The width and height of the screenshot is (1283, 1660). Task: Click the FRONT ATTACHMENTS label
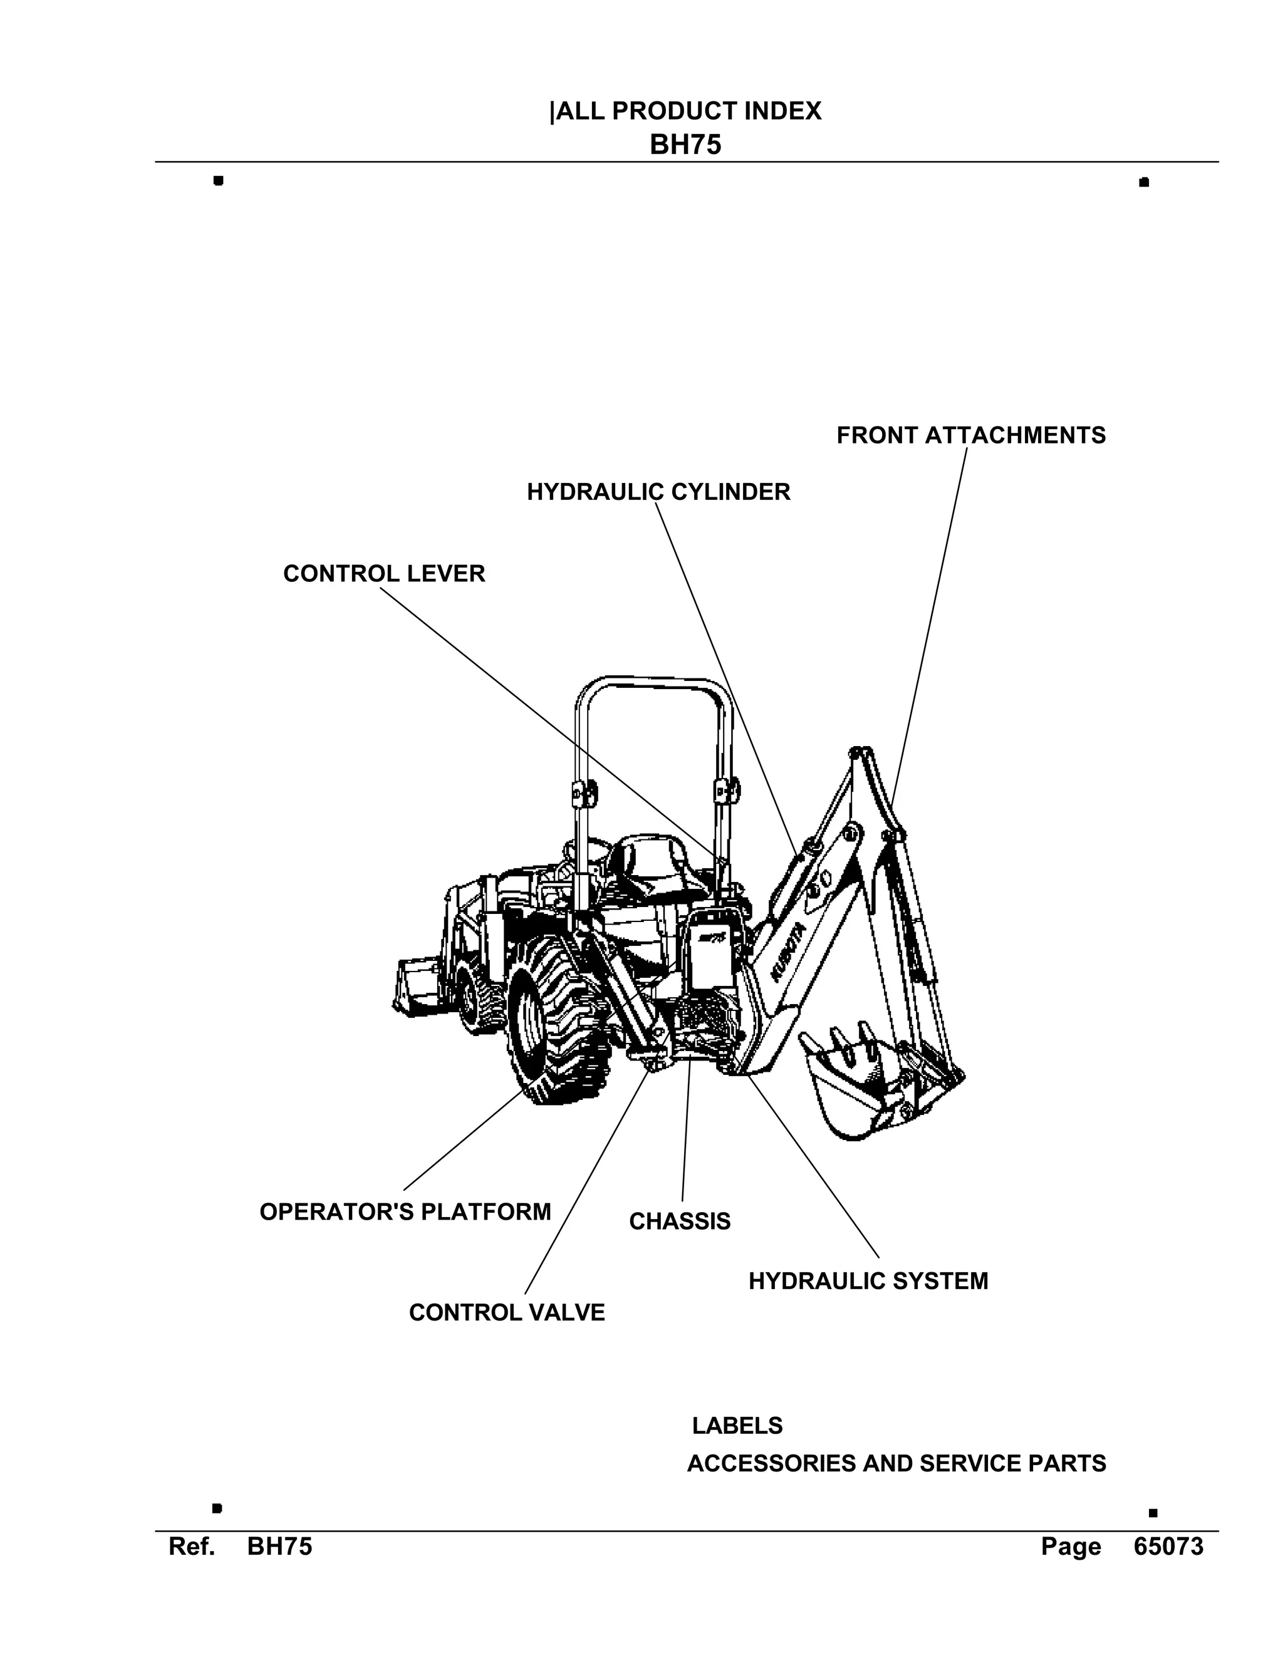(970, 435)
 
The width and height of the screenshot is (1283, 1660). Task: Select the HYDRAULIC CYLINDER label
(658, 492)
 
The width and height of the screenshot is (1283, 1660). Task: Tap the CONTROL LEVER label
(384, 573)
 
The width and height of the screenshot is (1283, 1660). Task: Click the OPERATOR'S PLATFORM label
(405, 1211)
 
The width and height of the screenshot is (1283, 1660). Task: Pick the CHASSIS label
(680, 1222)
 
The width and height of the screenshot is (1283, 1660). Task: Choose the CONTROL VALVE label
(507, 1312)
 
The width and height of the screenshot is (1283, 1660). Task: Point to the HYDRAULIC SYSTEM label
(868, 1281)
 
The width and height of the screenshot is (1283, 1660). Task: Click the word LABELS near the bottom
(737, 1426)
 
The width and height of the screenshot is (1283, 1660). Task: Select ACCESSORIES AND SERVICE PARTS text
(896, 1463)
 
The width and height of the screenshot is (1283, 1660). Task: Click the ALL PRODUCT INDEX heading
(687, 112)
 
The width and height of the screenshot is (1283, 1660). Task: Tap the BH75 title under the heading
(685, 145)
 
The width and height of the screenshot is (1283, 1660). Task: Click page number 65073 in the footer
(1168, 1547)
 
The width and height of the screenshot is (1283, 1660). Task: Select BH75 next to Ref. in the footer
(279, 1547)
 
